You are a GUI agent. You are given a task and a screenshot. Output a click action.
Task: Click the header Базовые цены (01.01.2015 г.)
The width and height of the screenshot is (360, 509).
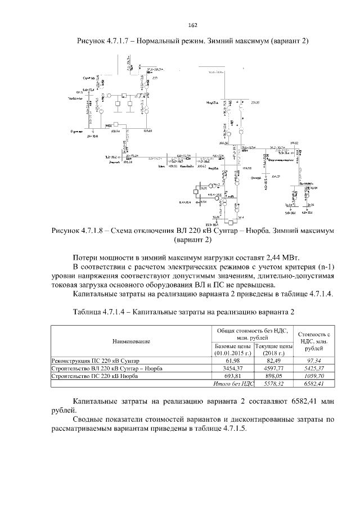pyautogui.click(x=232, y=350)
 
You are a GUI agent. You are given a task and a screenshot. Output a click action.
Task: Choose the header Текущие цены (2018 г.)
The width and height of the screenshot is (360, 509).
pyautogui.click(x=274, y=350)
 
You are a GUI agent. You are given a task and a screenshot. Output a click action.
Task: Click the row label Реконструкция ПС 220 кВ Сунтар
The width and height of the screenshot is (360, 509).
pyautogui.click(x=95, y=360)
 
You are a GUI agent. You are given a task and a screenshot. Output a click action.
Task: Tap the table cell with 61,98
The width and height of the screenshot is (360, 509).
pyautogui.click(x=232, y=360)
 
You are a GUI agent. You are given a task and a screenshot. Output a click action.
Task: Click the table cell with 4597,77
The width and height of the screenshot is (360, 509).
pyautogui.click(x=274, y=368)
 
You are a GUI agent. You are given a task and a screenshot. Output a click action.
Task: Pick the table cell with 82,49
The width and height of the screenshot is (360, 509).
pyautogui.click(x=274, y=360)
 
